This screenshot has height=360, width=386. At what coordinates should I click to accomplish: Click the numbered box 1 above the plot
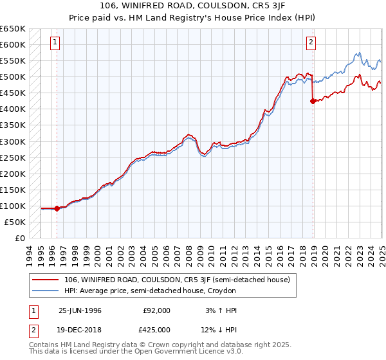(x=55, y=43)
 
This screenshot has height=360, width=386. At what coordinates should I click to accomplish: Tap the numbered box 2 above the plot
(x=311, y=43)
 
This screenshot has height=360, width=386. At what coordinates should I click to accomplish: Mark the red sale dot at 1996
(x=57, y=208)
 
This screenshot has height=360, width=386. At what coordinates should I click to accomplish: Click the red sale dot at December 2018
(x=313, y=101)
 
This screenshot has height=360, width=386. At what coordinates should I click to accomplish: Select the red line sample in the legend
(x=46, y=280)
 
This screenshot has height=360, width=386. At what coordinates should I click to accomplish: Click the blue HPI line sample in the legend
(x=46, y=291)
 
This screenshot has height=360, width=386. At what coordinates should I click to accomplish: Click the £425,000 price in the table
(x=157, y=329)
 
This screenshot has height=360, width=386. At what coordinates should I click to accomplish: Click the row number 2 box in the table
(x=32, y=329)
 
